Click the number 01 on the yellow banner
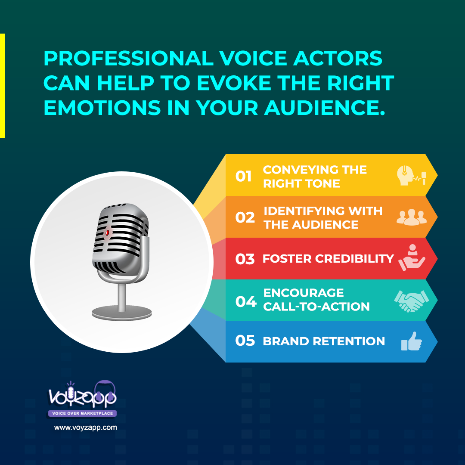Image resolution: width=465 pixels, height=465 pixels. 243,176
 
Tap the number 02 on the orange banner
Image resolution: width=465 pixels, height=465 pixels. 245,217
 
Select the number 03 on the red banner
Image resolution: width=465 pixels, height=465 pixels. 245,259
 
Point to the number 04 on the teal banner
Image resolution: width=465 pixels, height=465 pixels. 245,301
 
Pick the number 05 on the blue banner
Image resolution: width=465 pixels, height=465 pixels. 245,341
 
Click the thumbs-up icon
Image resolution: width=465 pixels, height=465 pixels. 411,341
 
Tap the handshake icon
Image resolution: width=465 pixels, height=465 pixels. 411,301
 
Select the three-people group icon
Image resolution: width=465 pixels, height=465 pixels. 411,217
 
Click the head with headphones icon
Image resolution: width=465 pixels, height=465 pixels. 411,175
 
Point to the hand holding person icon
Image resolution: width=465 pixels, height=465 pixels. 412,258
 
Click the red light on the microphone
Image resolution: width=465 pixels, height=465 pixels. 107,233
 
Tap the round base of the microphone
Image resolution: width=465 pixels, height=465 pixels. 121,313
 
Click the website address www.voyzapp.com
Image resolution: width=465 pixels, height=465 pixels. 85,428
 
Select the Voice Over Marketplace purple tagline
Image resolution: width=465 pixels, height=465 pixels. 82,413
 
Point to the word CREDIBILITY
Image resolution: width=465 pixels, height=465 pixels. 354,259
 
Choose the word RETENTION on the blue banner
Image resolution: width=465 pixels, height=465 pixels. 349,341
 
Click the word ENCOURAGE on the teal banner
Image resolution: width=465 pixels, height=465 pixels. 304,293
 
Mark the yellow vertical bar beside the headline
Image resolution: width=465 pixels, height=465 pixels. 2,85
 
